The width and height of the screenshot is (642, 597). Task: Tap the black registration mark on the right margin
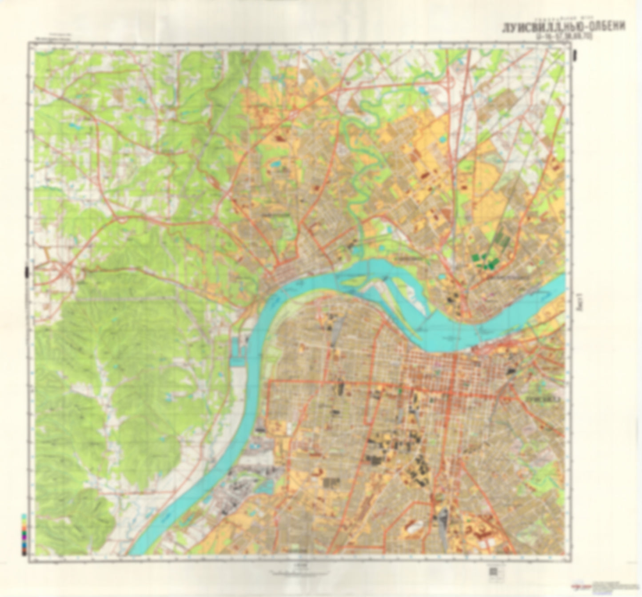(x=576, y=55)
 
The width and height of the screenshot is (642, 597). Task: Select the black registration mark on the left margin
(x=27, y=271)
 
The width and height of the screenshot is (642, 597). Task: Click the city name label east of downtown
(x=542, y=399)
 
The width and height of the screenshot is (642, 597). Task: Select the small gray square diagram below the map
(x=493, y=571)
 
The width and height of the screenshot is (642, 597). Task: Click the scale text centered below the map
(x=299, y=566)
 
